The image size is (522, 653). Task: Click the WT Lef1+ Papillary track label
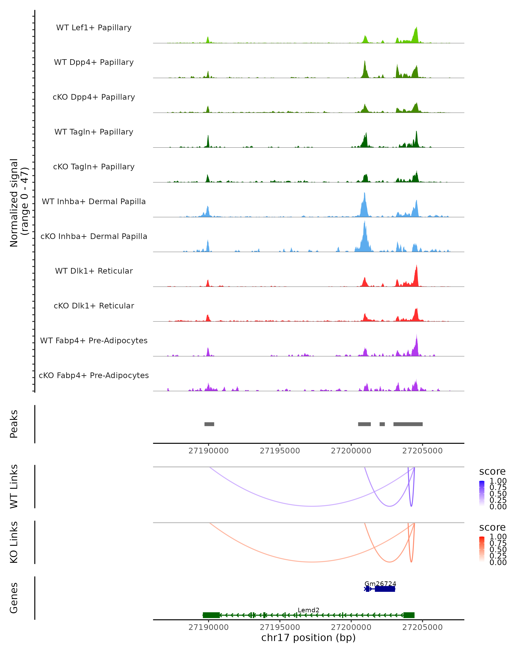94,28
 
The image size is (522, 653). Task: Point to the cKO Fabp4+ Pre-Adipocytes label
94,375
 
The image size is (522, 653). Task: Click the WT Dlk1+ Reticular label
94,271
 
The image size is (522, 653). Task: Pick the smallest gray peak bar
382,424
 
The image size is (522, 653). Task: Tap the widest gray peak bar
408,424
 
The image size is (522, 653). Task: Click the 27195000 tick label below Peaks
280,451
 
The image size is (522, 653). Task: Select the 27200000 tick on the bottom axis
351,627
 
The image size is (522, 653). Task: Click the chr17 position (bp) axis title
308,638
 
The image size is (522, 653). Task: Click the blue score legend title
492,472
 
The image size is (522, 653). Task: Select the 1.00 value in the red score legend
498,537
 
